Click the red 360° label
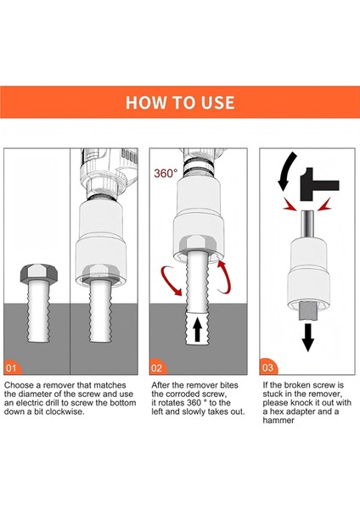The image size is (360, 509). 166,173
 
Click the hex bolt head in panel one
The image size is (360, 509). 38,275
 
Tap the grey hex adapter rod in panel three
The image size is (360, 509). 305,224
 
